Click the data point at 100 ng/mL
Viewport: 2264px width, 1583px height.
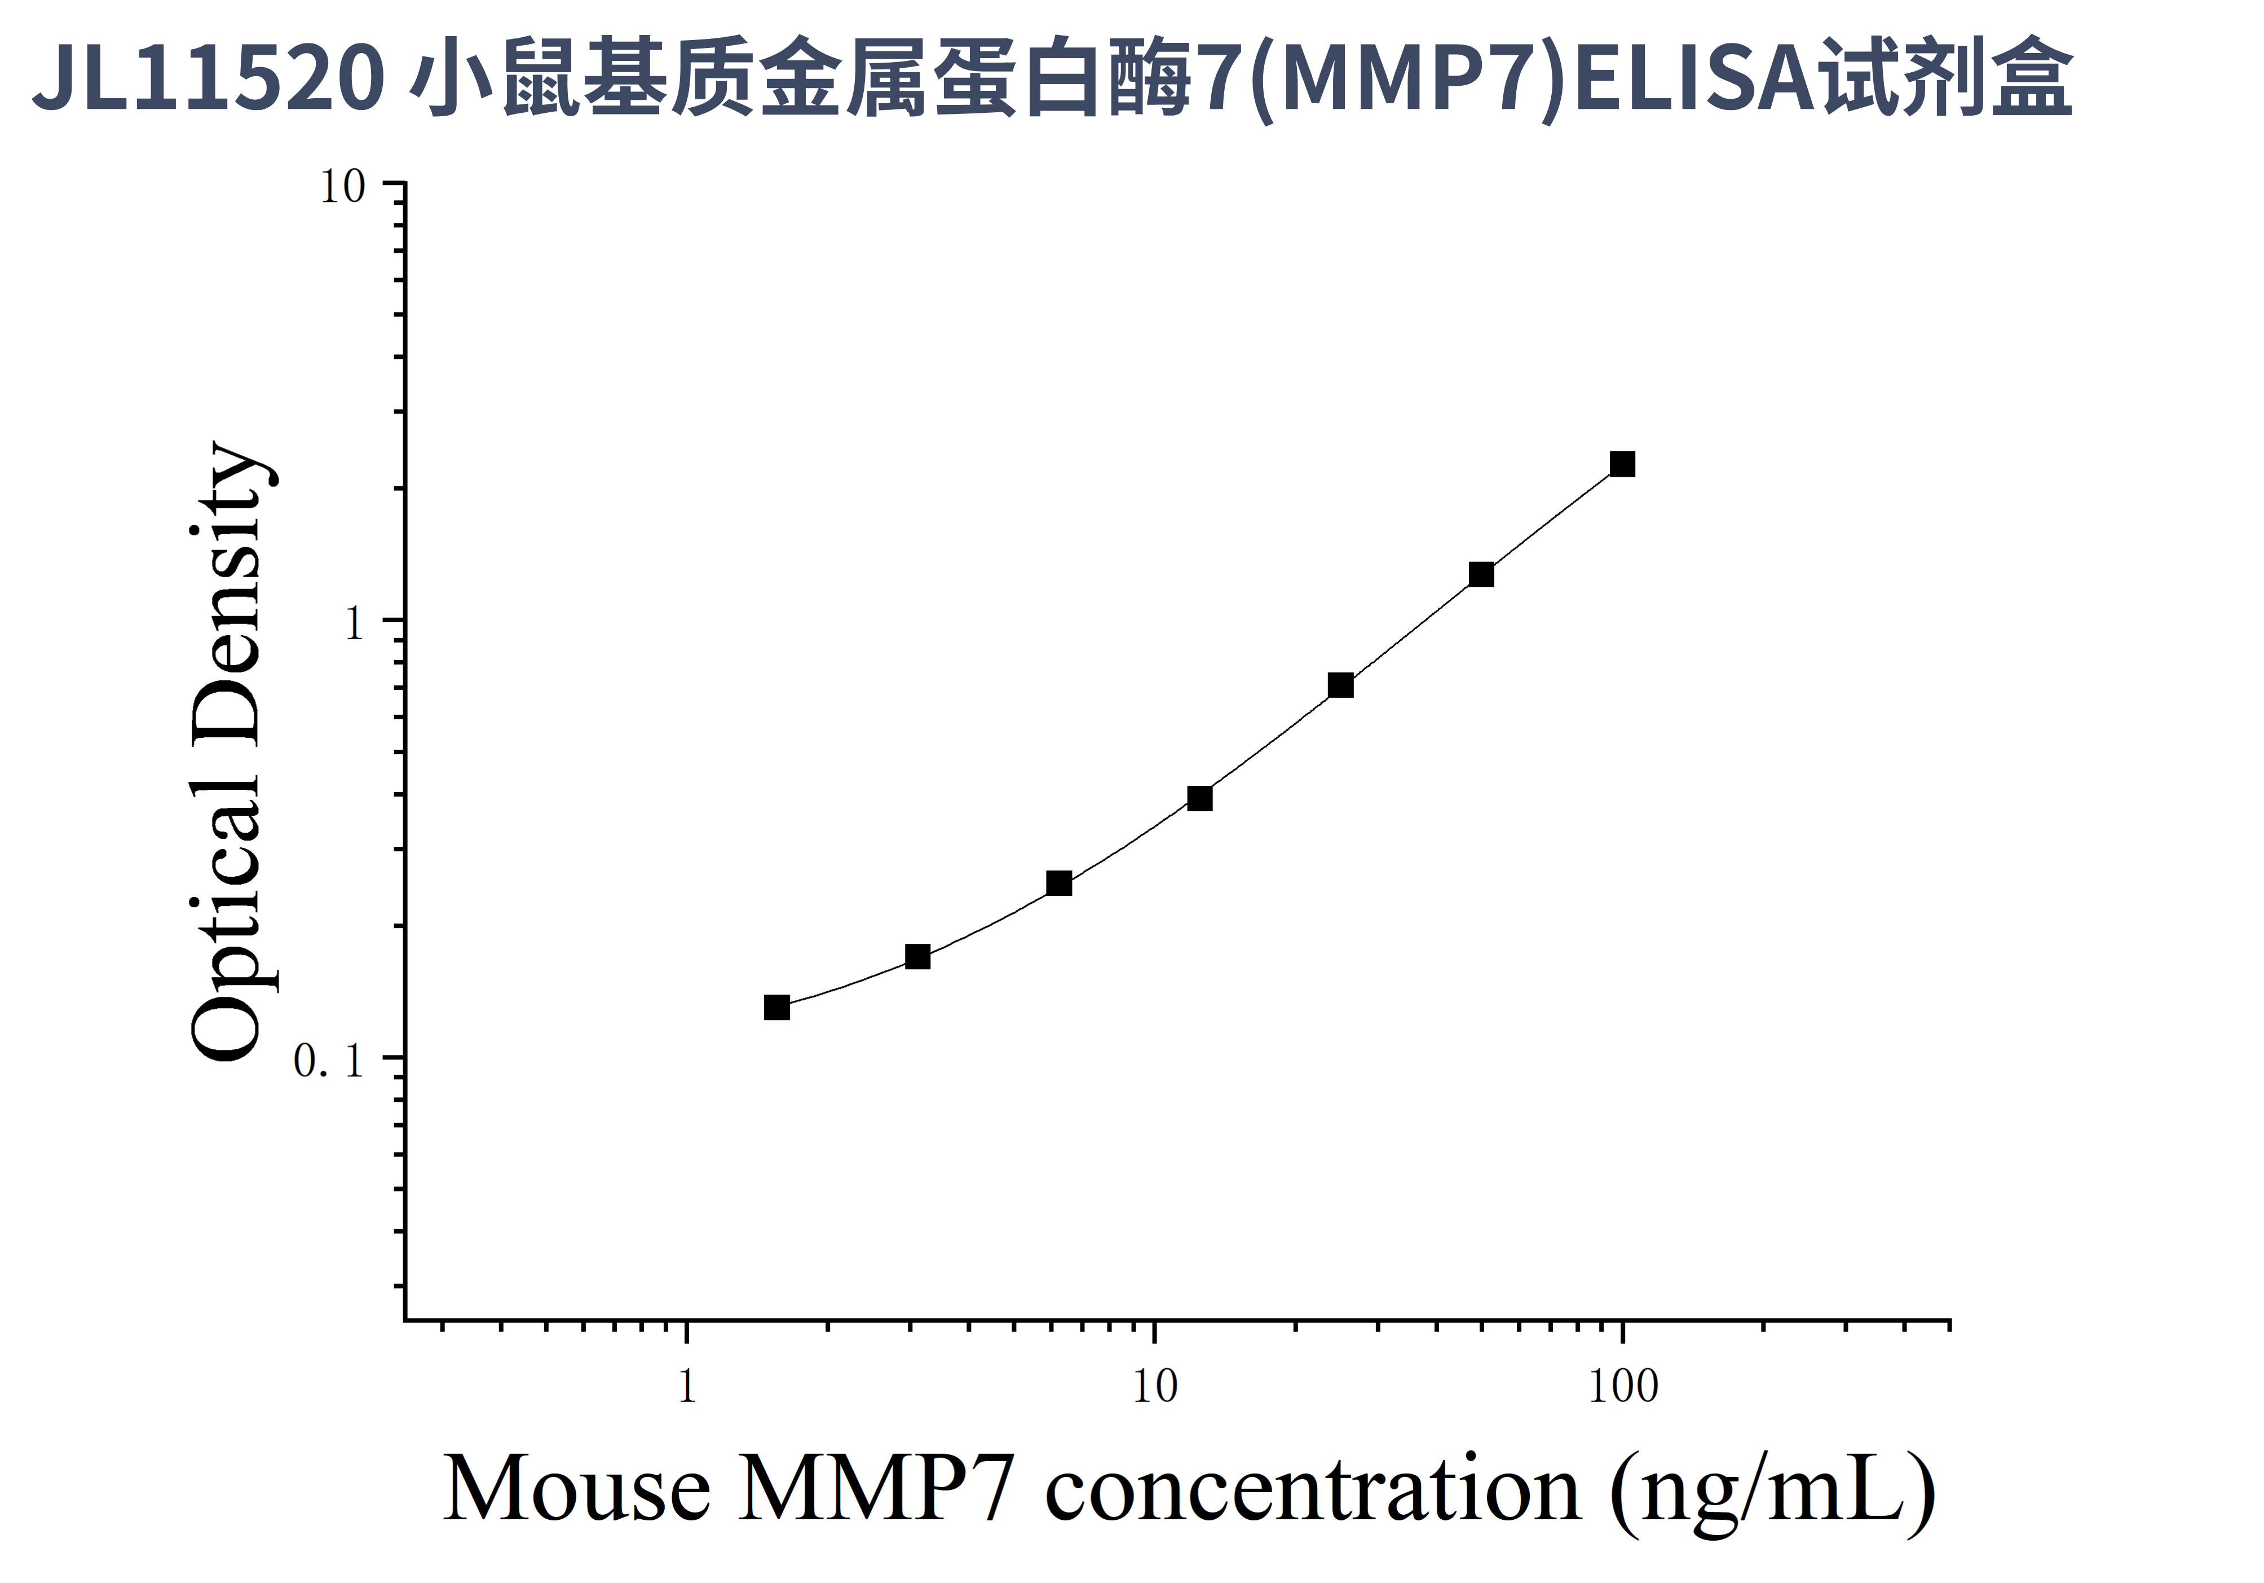1622,464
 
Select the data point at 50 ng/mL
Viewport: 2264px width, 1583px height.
1481,574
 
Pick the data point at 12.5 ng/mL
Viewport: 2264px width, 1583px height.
1199,798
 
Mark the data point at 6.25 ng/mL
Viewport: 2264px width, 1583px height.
1059,883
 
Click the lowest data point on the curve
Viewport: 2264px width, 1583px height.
777,1007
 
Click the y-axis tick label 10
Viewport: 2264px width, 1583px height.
342,187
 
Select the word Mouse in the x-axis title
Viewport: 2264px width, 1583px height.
577,1489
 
